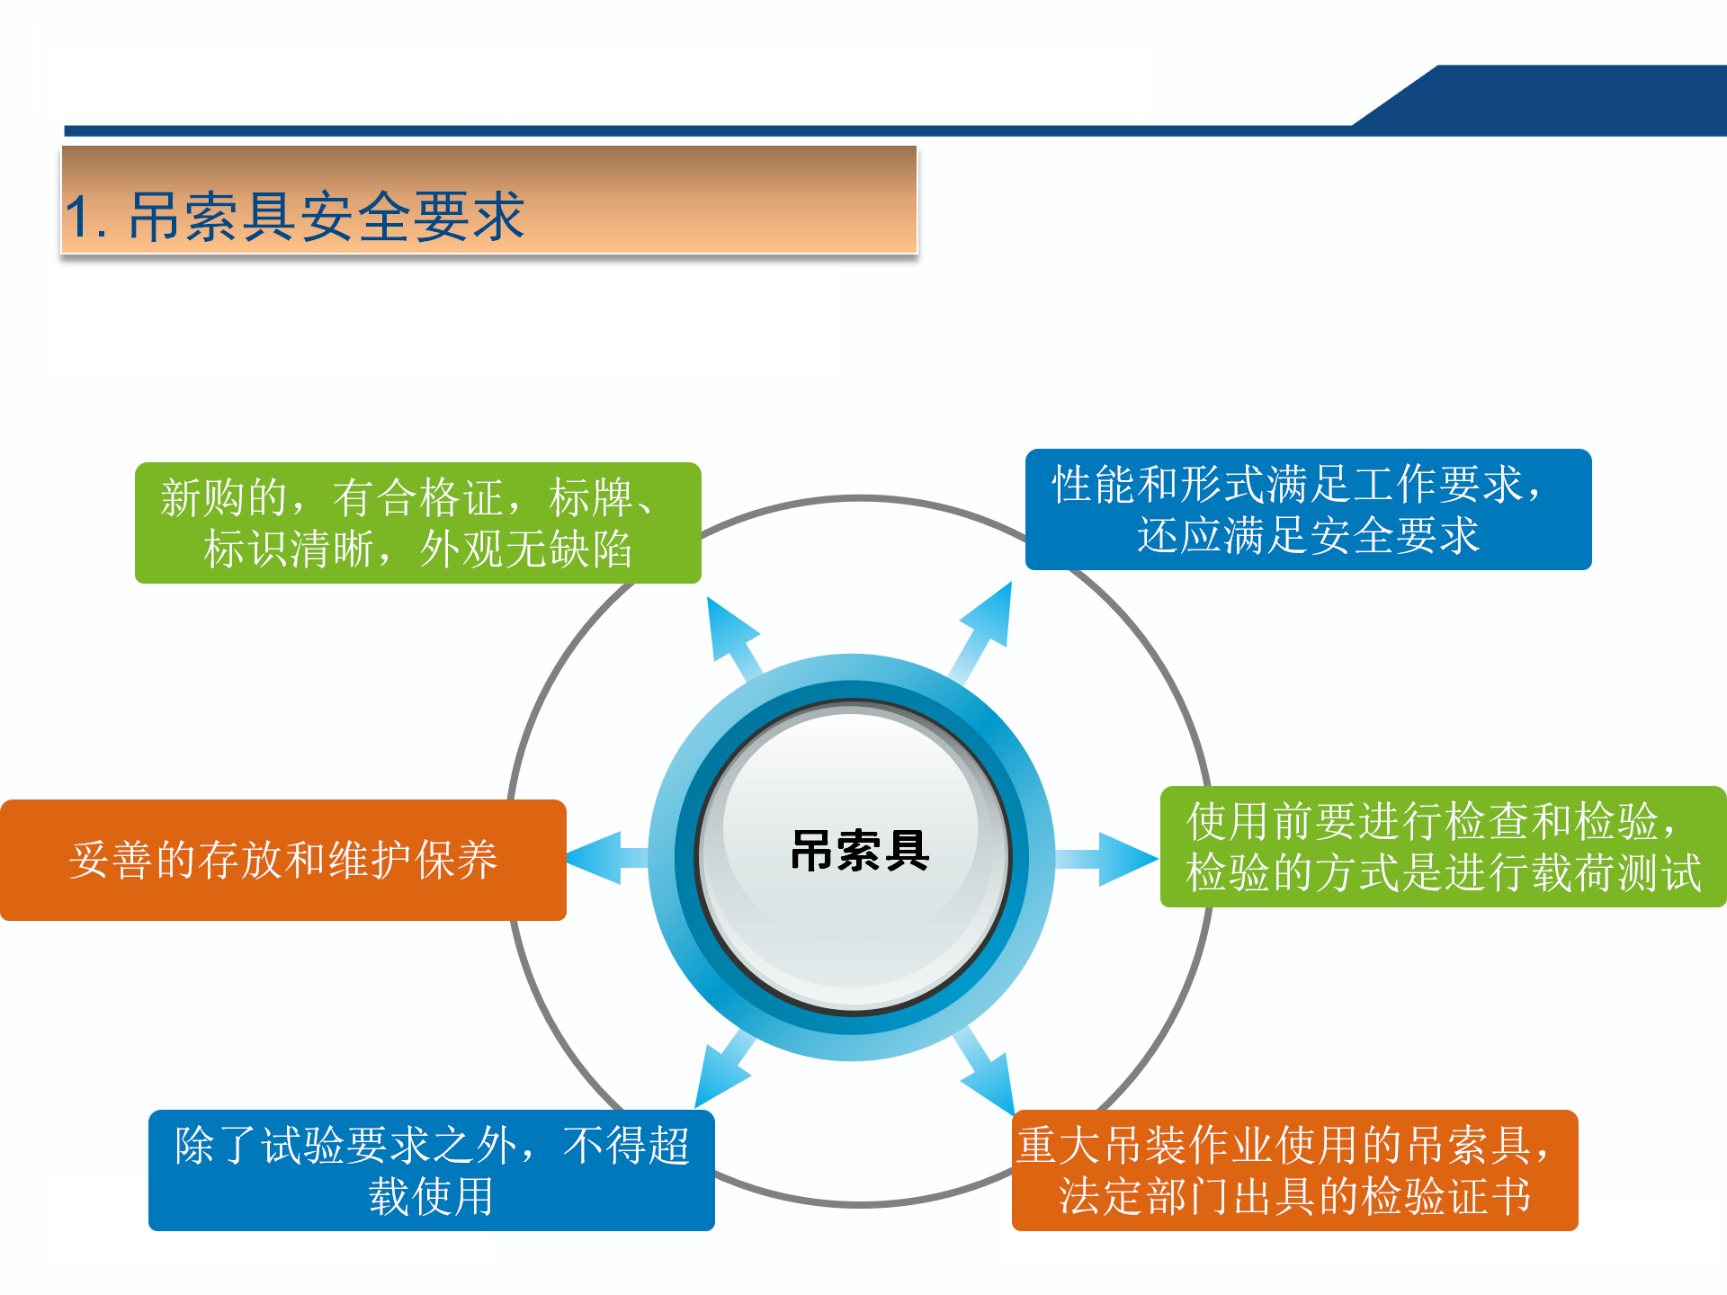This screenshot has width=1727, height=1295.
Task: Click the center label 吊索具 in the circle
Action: click(859, 851)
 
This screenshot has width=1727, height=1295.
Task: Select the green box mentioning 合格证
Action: click(417, 522)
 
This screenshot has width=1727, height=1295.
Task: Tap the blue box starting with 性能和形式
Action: click(1308, 509)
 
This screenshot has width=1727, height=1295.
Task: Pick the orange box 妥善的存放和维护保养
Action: click(283, 860)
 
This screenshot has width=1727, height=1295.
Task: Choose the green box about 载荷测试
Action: click(1443, 846)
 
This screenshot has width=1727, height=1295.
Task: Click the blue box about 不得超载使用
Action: click(432, 1170)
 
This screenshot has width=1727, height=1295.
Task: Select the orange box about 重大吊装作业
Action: click(1294, 1170)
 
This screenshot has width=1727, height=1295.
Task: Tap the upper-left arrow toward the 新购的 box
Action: click(733, 635)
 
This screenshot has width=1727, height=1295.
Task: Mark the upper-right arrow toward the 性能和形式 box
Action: click(984, 626)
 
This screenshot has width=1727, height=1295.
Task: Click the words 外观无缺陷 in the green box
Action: click(525, 549)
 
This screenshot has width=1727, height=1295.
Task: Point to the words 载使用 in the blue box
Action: click(432, 1197)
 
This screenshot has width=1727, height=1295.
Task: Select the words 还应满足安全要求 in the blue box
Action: click(1308, 535)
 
